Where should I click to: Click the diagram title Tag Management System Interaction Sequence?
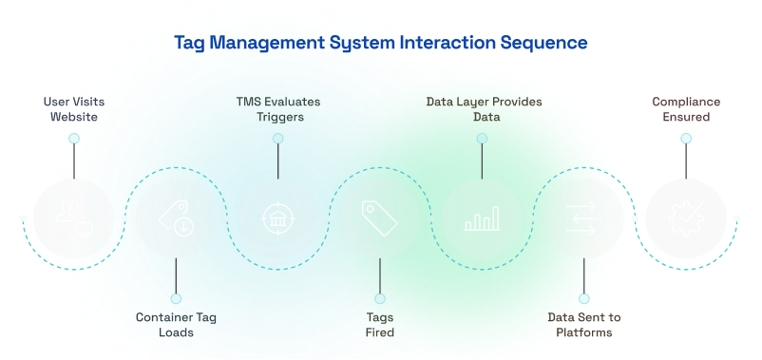pos(381,43)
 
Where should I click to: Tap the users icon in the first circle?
pos(73,218)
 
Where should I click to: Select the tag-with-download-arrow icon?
pos(176,218)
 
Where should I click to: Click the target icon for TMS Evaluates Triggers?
pos(277,218)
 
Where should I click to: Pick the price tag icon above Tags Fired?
pos(380,218)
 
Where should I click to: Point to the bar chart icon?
pos(482,219)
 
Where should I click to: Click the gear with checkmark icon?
pos(686,218)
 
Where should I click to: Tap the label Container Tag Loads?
pos(176,325)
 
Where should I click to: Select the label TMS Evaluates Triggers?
pos(278,109)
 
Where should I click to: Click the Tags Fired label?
pos(380,325)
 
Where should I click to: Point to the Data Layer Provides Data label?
pos(482,109)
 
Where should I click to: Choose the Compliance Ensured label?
pos(686,109)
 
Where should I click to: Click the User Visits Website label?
pos(73,109)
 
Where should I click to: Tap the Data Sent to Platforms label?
pos(583,325)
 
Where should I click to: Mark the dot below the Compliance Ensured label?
pos(686,139)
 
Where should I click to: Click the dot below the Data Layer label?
pos(482,139)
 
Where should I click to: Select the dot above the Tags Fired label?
pos(380,298)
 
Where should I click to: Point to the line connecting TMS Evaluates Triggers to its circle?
pos(277,161)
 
